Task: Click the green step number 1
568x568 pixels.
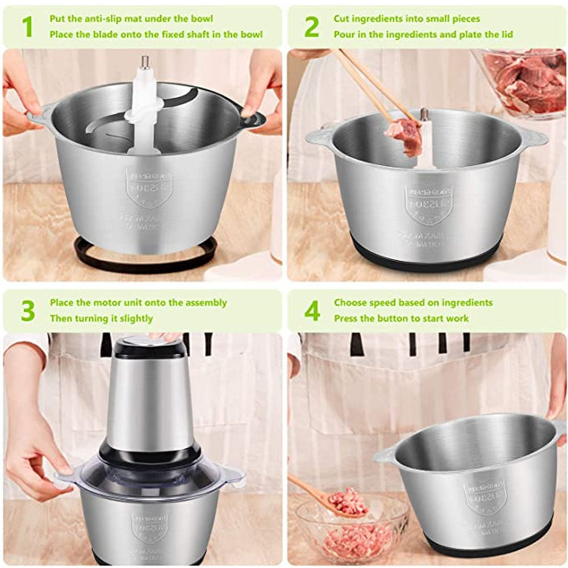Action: (x=27, y=27)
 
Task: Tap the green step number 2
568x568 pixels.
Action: (x=311, y=27)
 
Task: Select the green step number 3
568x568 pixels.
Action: (x=27, y=311)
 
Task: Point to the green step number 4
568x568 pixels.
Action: (x=312, y=311)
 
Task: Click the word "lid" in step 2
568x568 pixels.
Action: (x=506, y=35)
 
